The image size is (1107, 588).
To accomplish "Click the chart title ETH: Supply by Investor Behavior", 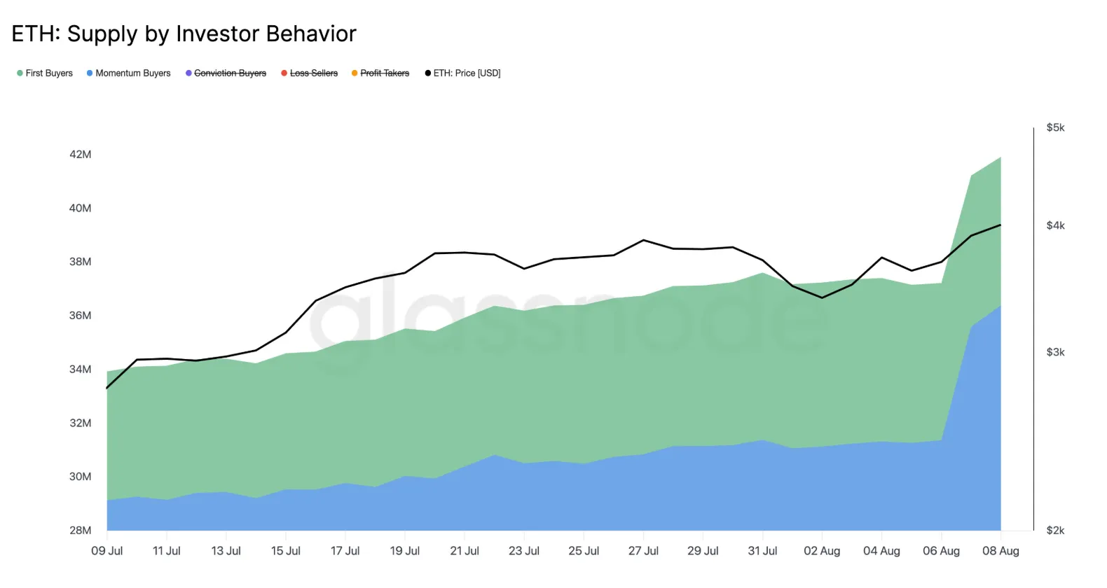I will [x=184, y=34].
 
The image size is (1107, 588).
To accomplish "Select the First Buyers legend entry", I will [x=45, y=73].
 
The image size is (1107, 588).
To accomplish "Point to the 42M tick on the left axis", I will [x=80, y=154].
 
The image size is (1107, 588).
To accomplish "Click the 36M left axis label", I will [x=80, y=315].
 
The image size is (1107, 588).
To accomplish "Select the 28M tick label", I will [x=80, y=530].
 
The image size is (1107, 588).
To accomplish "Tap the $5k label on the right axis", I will [x=1055, y=127].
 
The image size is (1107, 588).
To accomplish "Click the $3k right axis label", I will [x=1055, y=352].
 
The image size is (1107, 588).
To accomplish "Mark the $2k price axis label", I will [x=1055, y=530].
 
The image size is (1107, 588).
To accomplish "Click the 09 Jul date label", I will [x=106, y=551].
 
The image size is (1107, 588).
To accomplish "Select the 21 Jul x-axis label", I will [x=465, y=551].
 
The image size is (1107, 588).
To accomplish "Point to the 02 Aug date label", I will [x=822, y=551].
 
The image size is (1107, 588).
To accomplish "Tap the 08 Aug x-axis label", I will [x=1001, y=551].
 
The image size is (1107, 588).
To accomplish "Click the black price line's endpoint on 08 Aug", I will [x=1001, y=225].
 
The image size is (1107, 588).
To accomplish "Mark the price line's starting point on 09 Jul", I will [x=107, y=388].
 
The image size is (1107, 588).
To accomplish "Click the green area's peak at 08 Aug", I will [x=1001, y=157].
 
